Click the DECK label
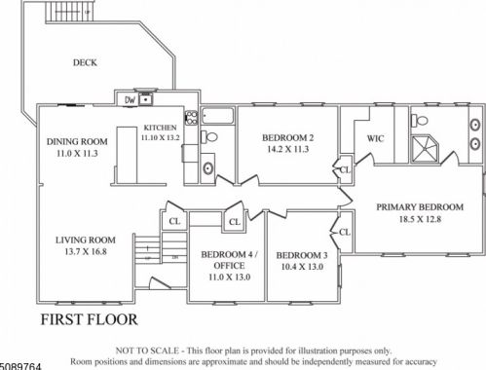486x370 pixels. tap(85, 62)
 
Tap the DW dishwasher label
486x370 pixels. tap(130, 100)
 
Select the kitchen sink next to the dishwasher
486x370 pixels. tap(146, 98)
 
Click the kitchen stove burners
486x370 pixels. tap(191, 118)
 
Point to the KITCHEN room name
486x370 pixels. tap(160, 128)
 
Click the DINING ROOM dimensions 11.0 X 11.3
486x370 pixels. tap(77, 153)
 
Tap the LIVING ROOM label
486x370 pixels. tap(86, 240)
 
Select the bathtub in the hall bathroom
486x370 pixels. tap(217, 116)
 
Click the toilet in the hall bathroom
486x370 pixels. tap(209, 137)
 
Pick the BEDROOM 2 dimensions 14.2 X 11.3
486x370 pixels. tap(288, 149)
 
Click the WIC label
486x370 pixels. tap(375, 138)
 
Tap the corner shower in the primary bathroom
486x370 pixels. tap(425, 149)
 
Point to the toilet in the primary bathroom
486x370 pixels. tap(420, 121)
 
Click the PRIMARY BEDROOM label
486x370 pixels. tap(420, 207)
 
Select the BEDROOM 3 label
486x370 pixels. tap(302, 255)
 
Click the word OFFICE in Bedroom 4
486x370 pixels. tap(229, 266)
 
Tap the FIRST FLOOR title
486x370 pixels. tap(89, 319)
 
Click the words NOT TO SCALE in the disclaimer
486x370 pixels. tap(147, 351)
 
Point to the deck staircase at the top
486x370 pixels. tap(70, 12)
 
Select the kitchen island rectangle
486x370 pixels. tap(127, 156)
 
